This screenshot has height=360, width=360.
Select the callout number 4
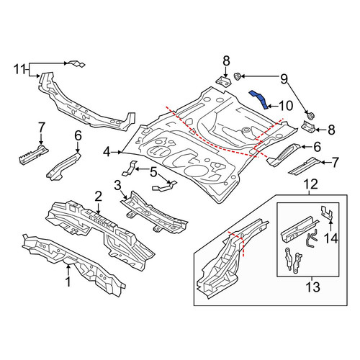point(107,152)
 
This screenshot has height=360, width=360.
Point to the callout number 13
point(312,287)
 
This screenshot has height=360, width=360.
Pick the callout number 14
point(331,238)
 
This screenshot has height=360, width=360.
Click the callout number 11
point(20,70)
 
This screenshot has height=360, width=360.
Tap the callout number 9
point(284,78)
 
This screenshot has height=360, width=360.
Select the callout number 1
point(68,282)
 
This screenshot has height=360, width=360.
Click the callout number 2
point(99,197)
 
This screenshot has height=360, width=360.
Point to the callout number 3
point(117,186)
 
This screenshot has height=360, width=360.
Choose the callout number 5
point(153,172)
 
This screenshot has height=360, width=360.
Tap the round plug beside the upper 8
point(238,76)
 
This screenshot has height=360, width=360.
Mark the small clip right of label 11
point(77,63)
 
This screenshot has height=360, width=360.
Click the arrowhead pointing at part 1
point(68,266)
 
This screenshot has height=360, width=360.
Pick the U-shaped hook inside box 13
point(312,238)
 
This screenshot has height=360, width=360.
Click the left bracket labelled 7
point(34,154)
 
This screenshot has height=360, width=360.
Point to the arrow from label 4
point(117,152)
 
